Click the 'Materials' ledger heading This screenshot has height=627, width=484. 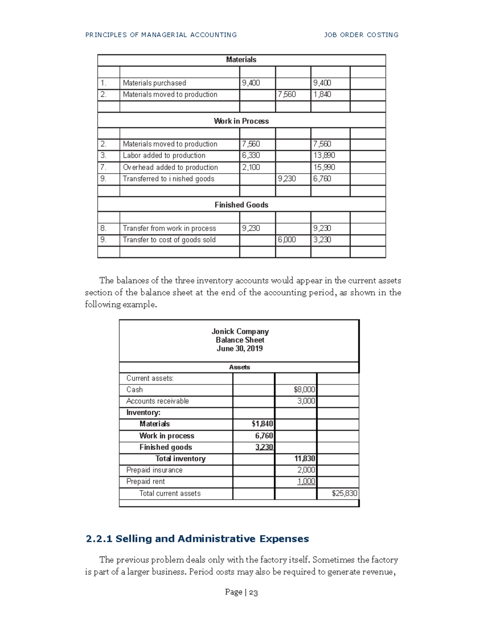tap(241, 60)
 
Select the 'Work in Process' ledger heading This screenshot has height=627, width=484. tap(241, 121)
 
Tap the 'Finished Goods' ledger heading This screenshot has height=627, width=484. tap(241, 205)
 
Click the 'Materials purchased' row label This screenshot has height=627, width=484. tap(154, 83)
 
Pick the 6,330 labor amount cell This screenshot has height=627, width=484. tap(251, 155)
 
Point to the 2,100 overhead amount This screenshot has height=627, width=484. tap(251, 167)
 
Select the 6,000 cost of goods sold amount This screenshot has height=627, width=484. tap(287, 240)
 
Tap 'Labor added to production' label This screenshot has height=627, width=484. tap(164, 155)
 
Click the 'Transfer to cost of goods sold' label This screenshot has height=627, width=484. tap(169, 240)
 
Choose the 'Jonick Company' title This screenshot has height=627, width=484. tap(240, 331)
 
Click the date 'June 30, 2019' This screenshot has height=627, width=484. tap(240, 348)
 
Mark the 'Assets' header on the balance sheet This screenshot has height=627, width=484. tap(240, 367)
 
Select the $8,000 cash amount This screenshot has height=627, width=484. tap(305, 390)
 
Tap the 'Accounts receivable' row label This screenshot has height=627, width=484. tap(157, 401)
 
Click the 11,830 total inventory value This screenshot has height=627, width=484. tap(305, 459)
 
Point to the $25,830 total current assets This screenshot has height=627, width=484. tap(344, 493)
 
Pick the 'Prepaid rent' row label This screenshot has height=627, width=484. tap(146, 482)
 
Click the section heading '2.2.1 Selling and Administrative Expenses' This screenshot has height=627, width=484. tap(197, 539)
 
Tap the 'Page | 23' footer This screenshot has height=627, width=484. tap(241, 592)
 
